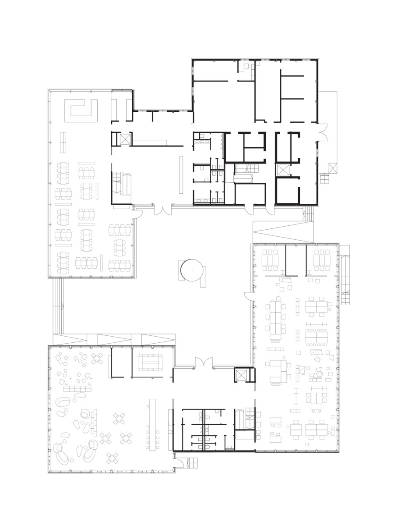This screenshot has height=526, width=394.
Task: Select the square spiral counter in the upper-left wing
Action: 81,110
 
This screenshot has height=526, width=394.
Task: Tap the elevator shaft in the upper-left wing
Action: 125,139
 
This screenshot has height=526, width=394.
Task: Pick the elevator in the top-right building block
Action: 283,170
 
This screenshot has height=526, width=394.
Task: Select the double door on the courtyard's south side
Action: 204,364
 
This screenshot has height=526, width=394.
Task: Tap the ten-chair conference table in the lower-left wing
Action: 150,362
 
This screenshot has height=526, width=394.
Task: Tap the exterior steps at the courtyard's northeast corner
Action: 308,213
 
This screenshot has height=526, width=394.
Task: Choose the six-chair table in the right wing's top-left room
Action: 270,260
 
